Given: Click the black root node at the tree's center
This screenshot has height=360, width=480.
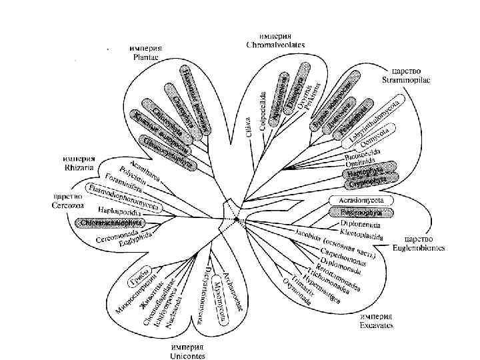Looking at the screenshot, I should pyautogui.click(x=235, y=219).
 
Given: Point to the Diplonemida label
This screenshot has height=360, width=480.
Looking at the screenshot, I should pyautogui.click(x=361, y=225).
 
